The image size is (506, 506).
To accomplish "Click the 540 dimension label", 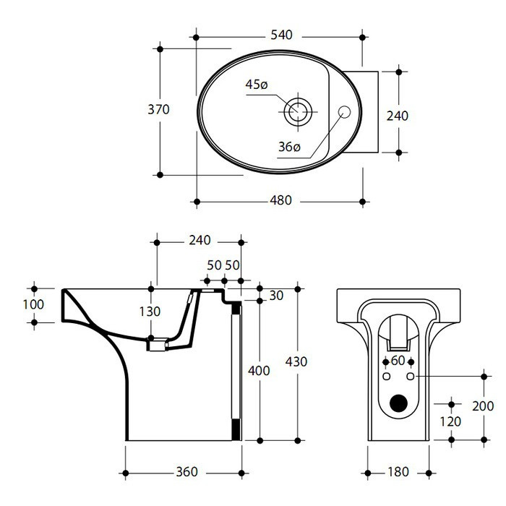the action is click(x=281, y=35).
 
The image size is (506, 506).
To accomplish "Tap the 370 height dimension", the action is click(x=158, y=110).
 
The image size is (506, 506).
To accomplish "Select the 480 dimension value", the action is click(x=280, y=200).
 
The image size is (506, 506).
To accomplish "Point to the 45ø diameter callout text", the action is click(x=257, y=85).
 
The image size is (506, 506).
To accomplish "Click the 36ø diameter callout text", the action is click(x=289, y=147).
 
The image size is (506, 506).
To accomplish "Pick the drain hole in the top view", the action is click(x=298, y=111).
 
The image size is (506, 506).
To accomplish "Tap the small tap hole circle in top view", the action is click(x=344, y=111).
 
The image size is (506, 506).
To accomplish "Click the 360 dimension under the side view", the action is click(x=186, y=472).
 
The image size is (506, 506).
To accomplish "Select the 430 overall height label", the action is click(x=296, y=361).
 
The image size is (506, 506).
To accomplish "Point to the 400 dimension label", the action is click(x=259, y=371).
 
